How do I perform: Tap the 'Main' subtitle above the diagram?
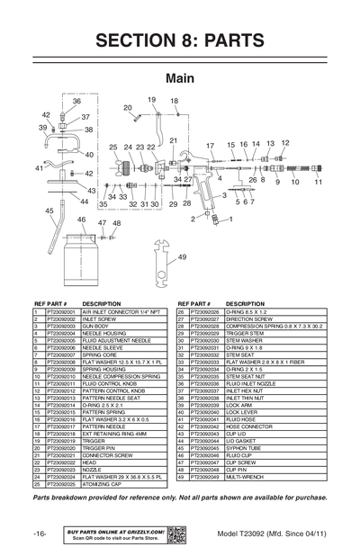[180, 78]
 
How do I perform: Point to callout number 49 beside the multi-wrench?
[182, 257]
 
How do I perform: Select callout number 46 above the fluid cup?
[82, 220]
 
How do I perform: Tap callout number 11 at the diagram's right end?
[317, 183]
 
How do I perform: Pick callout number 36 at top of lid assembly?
[76, 102]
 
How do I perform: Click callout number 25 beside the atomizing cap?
[114, 148]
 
